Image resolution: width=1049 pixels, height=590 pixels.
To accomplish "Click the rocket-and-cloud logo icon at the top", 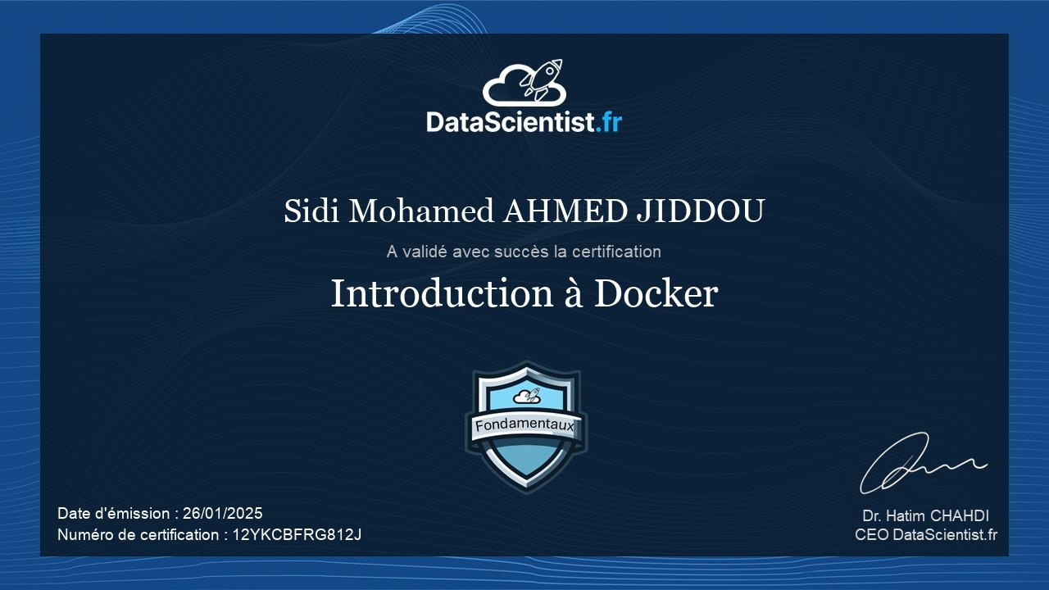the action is (524, 83).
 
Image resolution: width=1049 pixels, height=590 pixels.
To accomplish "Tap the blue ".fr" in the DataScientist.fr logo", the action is (608, 122).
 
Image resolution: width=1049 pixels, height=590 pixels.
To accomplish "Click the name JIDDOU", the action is (701, 211).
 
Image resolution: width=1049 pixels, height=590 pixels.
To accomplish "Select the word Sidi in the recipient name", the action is (311, 211).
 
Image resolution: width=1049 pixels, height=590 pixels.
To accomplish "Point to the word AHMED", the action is (565, 211).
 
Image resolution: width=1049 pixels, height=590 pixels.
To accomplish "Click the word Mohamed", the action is (421, 211).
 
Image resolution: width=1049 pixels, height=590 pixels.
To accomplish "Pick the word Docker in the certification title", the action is (656, 293).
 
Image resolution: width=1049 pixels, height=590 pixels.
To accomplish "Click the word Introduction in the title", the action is (443, 293).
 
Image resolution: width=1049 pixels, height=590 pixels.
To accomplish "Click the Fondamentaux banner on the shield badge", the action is (524, 425).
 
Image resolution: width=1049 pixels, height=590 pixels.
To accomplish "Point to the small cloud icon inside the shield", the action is (527, 396).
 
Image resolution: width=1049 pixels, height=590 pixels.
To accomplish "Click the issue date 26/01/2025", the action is (222, 514).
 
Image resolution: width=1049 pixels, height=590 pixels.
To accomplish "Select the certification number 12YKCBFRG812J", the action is (297, 535).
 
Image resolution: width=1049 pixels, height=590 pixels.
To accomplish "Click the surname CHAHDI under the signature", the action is (960, 516).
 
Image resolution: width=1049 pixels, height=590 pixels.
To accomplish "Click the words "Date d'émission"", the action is (114, 514).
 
